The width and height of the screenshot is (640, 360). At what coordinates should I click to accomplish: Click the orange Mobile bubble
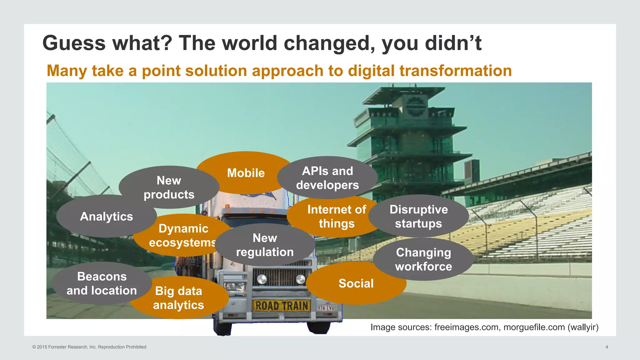[246, 172]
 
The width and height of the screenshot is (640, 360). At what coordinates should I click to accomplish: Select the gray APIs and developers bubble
[327, 178]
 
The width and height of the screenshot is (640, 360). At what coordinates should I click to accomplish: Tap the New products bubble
[169, 187]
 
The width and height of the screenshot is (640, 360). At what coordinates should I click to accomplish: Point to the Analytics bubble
[106, 216]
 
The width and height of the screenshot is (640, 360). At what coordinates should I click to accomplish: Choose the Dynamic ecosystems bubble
[183, 235]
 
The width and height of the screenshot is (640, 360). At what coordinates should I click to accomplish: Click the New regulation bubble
[265, 245]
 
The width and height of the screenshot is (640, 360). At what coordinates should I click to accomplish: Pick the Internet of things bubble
[336, 216]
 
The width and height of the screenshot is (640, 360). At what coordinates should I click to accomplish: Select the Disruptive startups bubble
[418, 216]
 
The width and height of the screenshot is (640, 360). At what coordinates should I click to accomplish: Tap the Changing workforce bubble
[423, 259]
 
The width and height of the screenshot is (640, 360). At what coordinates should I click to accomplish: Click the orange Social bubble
[356, 283]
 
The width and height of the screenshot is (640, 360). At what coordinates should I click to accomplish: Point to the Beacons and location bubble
[102, 283]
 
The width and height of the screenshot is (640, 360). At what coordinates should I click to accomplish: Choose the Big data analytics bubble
[178, 298]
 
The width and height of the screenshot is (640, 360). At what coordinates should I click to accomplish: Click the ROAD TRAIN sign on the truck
[282, 306]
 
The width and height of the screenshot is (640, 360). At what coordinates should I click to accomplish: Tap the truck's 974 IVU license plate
[326, 308]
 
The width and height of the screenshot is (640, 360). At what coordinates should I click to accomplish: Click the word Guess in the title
[74, 43]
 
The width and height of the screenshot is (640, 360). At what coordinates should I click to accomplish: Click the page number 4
[607, 347]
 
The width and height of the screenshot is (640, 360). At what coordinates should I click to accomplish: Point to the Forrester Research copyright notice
[89, 347]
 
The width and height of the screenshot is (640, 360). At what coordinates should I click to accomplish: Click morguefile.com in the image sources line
[534, 327]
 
